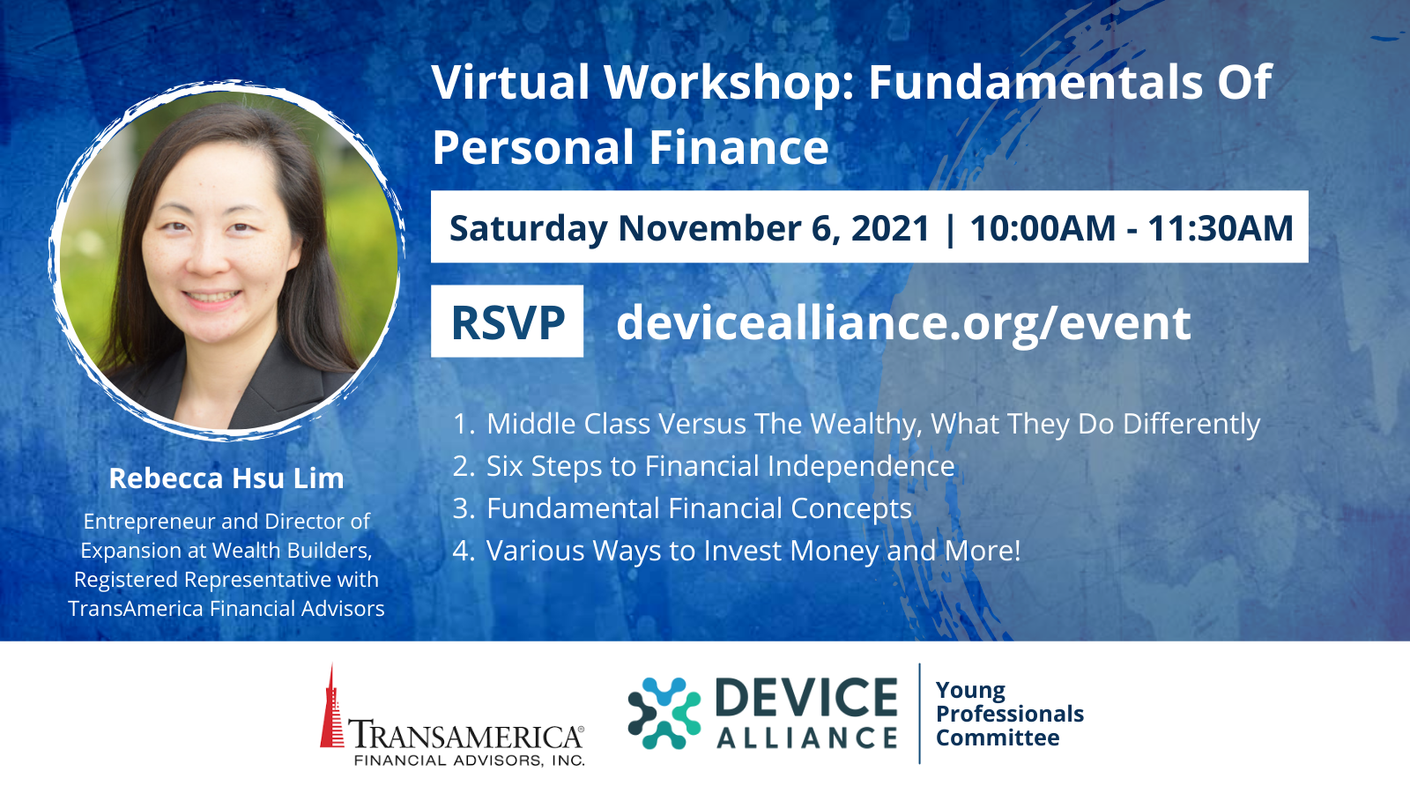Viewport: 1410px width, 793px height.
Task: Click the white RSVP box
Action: (x=507, y=322)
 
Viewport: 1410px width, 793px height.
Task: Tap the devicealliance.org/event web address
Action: (x=903, y=322)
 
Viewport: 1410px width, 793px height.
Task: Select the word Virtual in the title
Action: (x=510, y=82)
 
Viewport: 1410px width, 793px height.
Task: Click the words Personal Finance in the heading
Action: (x=630, y=147)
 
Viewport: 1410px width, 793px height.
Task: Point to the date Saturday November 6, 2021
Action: (x=689, y=228)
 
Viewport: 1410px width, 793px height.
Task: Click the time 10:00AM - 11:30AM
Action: (x=1132, y=228)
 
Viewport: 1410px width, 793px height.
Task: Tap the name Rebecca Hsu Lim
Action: (x=226, y=478)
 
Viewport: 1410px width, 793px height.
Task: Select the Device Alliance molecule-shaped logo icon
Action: (x=664, y=713)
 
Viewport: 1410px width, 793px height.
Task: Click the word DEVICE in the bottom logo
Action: (x=806, y=697)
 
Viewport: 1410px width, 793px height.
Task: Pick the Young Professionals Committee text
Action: (x=1010, y=714)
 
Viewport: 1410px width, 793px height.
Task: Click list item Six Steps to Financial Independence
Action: (x=721, y=466)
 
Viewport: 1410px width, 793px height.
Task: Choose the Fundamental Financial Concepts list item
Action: (x=700, y=508)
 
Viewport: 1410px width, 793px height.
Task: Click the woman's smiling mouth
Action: (x=212, y=297)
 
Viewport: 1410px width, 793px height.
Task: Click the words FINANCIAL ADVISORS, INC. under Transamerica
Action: (x=470, y=760)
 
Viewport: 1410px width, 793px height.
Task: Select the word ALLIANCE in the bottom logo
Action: (x=807, y=737)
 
